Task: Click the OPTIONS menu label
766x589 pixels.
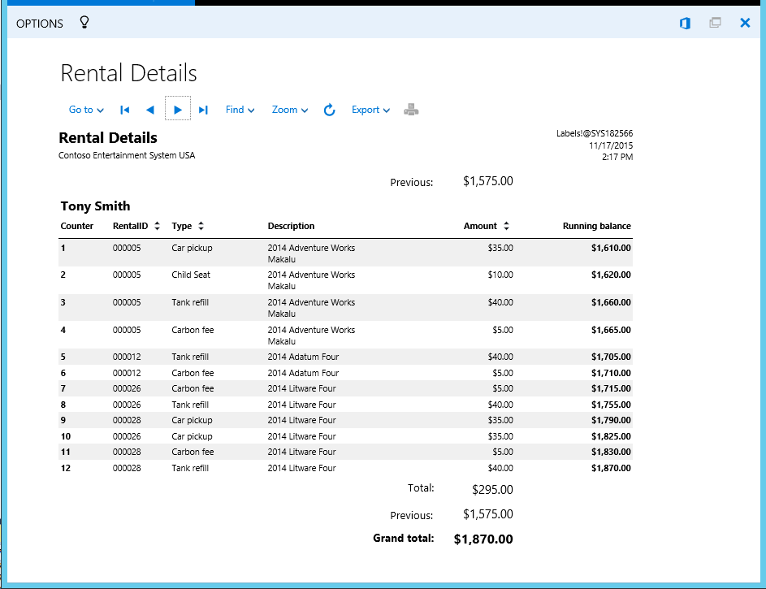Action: click(x=39, y=24)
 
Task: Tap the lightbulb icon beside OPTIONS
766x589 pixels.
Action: click(x=84, y=23)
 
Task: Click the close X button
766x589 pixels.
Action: click(x=745, y=23)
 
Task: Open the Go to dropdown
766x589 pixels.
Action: click(x=86, y=110)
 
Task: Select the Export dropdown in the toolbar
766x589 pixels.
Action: click(x=370, y=110)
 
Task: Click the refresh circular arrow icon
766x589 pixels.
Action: click(x=329, y=110)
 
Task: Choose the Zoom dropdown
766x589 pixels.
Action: click(x=290, y=110)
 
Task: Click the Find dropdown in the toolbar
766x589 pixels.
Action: click(x=240, y=110)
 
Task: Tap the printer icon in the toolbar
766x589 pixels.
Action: click(x=412, y=110)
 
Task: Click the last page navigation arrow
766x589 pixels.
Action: click(x=203, y=110)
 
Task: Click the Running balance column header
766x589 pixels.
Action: click(x=596, y=226)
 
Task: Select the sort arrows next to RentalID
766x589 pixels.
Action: click(x=157, y=226)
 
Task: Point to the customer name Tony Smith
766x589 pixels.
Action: click(x=95, y=206)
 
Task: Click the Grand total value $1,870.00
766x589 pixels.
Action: click(x=483, y=539)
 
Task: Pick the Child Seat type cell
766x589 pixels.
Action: click(x=191, y=275)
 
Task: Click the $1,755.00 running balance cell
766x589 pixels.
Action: click(x=611, y=405)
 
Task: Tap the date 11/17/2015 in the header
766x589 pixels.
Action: click(x=611, y=145)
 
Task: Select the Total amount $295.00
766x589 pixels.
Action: click(x=492, y=490)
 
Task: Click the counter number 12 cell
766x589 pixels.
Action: click(x=66, y=468)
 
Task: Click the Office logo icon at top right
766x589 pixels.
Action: click(x=685, y=23)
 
